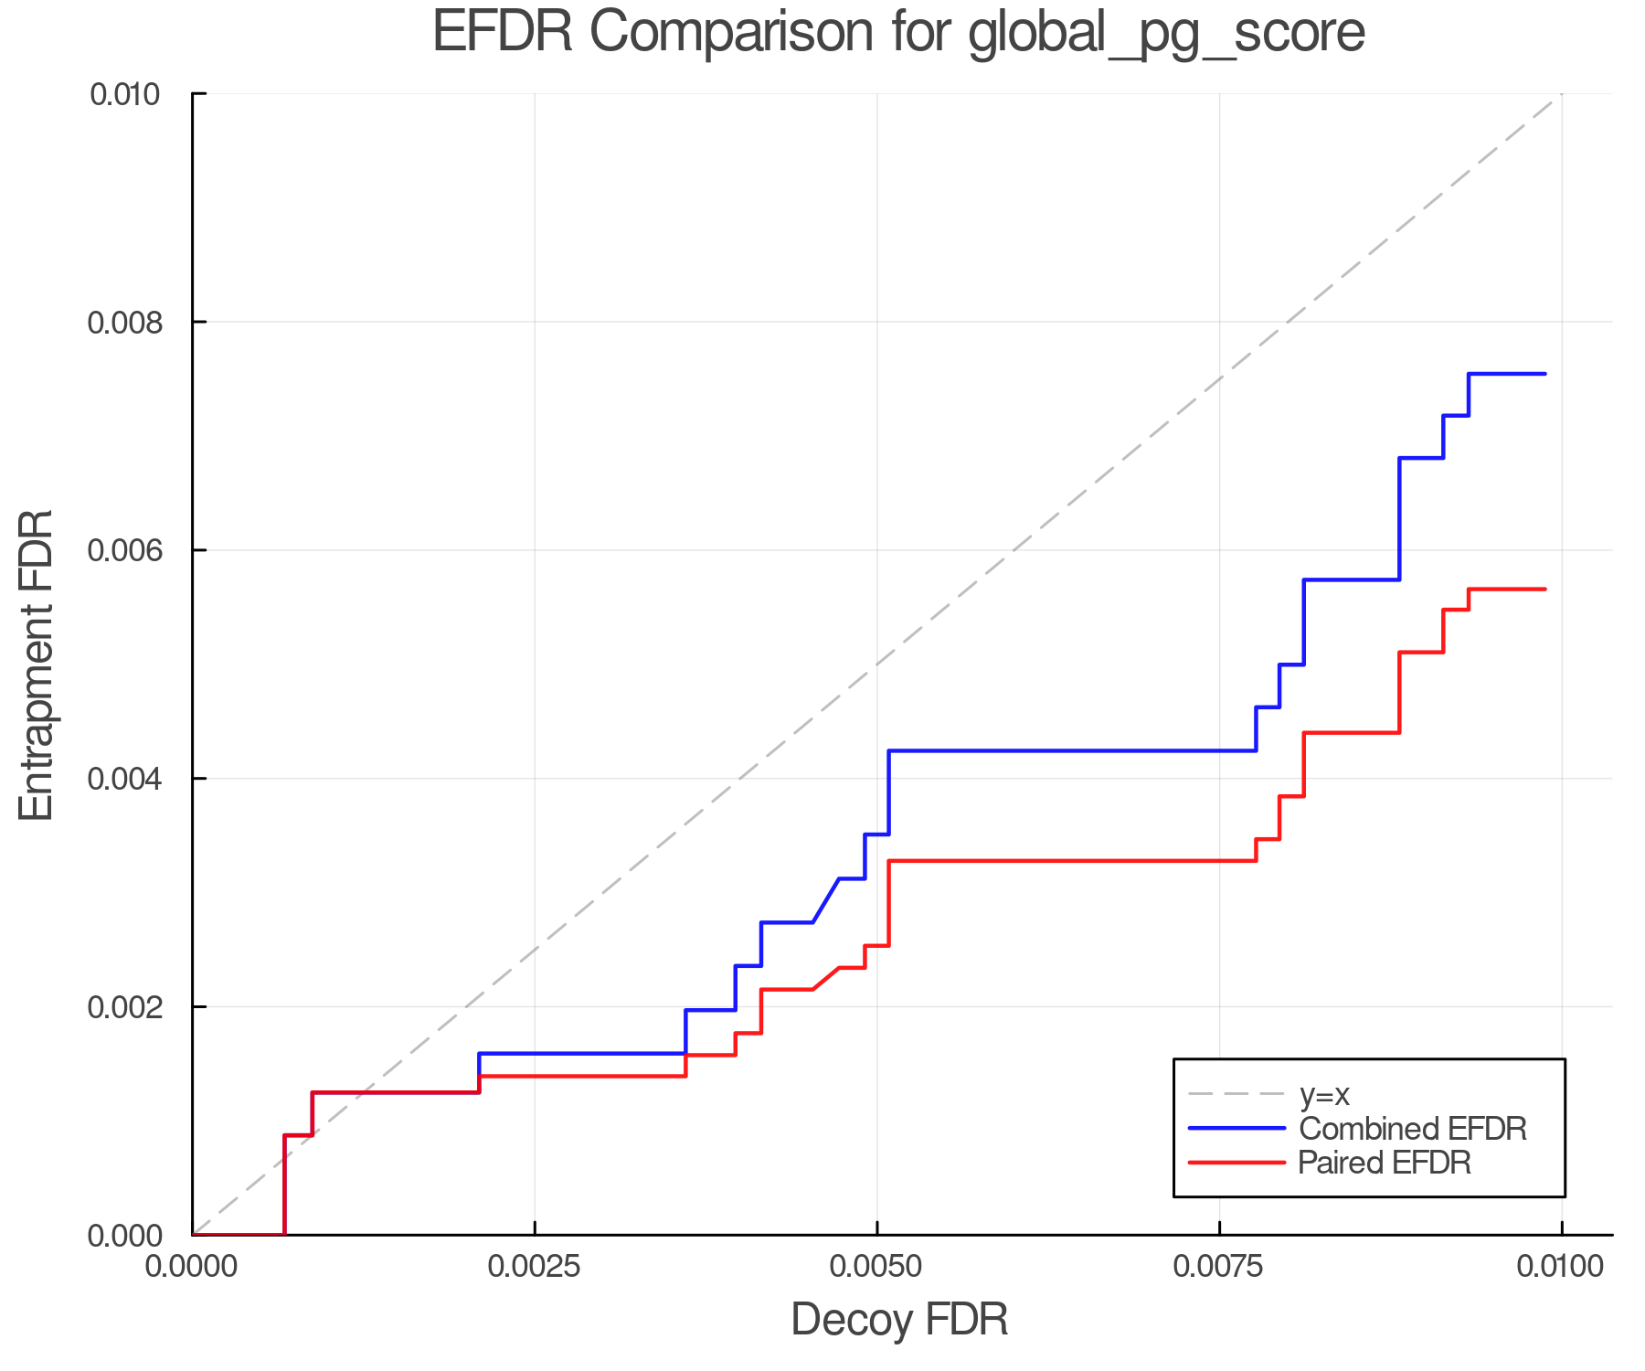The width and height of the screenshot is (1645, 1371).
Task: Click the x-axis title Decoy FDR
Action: coord(899,1320)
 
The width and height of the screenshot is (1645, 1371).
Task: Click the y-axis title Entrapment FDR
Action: coord(37,665)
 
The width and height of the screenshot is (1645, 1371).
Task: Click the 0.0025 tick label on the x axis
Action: coord(534,1266)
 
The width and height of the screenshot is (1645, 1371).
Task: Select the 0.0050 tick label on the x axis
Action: coord(876,1266)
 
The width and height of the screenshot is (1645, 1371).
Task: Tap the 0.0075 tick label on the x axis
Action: coord(1219,1266)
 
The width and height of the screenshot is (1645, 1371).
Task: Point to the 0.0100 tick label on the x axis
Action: coord(1561,1266)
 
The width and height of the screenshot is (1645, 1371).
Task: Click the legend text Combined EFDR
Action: coord(1412,1129)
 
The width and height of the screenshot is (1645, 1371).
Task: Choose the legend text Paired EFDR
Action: coord(1385,1163)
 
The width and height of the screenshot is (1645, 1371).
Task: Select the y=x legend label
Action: coord(1324,1094)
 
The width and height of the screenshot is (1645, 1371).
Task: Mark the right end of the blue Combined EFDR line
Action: coord(1544,374)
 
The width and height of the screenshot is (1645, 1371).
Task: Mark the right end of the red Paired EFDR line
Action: coord(1544,590)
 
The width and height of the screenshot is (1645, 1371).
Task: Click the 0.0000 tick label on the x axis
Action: coord(192,1266)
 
